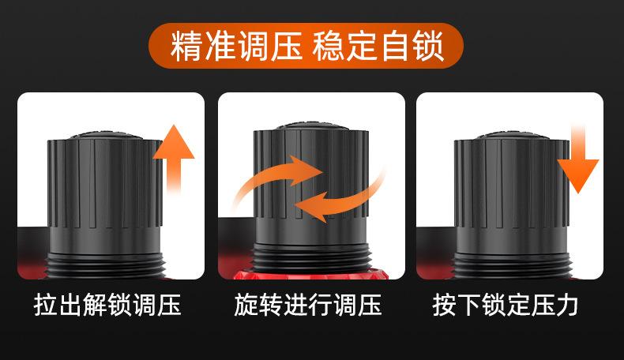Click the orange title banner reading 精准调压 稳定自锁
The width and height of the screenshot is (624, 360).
point(306,46)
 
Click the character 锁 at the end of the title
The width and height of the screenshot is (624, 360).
point(428,46)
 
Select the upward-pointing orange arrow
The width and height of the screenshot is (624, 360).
point(174,159)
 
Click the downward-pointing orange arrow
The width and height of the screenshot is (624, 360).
point(578,159)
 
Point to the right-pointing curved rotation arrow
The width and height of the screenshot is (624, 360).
point(279,175)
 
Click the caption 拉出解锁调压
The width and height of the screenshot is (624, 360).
point(107,306)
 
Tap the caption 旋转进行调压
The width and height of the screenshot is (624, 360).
point(307,306)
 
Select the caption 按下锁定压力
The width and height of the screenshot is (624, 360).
point(506,306)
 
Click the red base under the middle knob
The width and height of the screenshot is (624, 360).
point(310,275)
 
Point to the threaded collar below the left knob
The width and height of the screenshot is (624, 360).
point(105,264)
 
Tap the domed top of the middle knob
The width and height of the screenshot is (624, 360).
point(310,126)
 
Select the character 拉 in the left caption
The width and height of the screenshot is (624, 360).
point(46,306)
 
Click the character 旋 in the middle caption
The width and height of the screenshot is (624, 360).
point(246,306)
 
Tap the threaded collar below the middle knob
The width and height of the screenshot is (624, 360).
point(310,258)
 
